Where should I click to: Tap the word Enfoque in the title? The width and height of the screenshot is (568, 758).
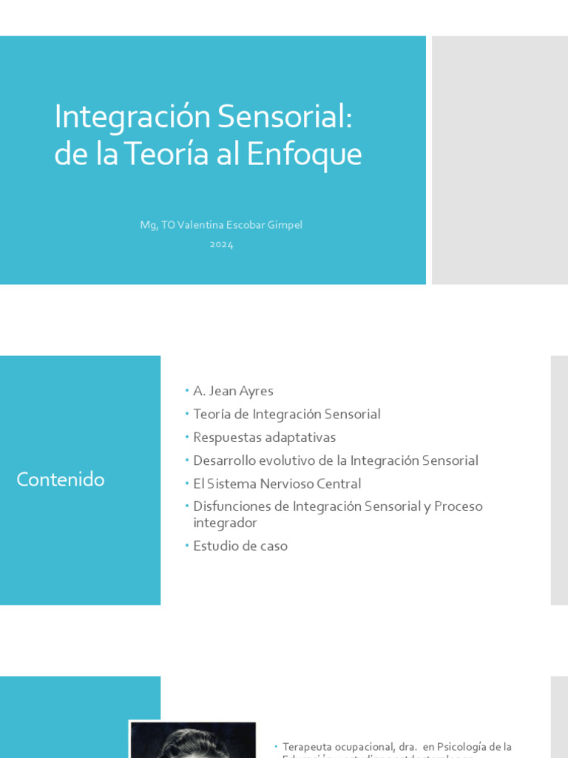click(304, 154)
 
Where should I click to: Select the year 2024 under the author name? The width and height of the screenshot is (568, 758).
click(221, 244)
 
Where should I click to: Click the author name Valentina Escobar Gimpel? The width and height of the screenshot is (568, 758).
click(240, 225)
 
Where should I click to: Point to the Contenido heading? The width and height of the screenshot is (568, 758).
click(61, 480)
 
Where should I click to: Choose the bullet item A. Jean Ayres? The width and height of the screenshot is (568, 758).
click(233, 391)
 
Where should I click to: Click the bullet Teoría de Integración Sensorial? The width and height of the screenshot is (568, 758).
click(286, 415)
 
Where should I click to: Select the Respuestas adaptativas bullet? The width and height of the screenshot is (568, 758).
click(264, 437)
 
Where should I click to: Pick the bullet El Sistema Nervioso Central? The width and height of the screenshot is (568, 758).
click(277, 484)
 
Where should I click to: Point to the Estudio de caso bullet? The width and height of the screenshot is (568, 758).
click(240, 546)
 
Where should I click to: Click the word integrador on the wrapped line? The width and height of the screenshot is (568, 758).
click(225, 523)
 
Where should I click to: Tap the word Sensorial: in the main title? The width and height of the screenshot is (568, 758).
click(284, 117)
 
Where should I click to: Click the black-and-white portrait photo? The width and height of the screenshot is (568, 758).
click(192, 740)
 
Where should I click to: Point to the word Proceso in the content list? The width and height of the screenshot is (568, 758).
click(458, 507)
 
